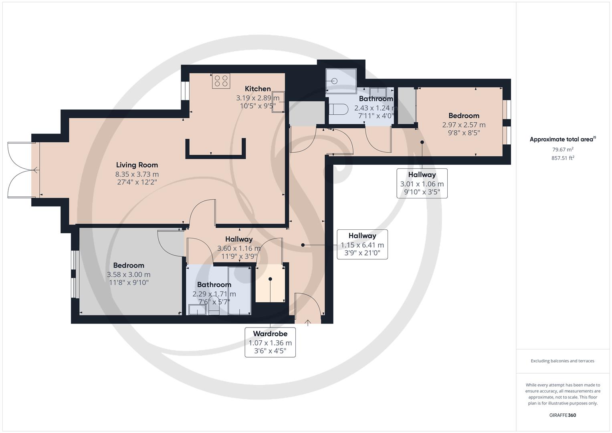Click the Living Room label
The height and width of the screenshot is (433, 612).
tap(137, 165)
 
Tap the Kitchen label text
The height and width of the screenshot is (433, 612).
tap(258, 89)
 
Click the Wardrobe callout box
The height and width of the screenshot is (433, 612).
tap(270, 342)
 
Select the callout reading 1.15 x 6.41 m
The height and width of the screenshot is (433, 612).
tap(362, 245)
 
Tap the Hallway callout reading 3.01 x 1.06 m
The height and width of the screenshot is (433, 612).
tap(422, 184)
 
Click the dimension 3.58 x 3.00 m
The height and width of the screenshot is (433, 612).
tap(128, 275)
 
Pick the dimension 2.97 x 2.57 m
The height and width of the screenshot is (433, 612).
tap(464, 125)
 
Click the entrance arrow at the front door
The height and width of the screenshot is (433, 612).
tap(308, 322)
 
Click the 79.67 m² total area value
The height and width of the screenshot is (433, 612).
tap(562, 150)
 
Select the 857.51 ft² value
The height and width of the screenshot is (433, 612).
tap(562, 158)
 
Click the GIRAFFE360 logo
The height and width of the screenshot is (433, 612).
tap(562, 415)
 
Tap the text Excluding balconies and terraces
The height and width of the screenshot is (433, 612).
tap(562, 361)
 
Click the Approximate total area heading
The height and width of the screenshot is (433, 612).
tap(562, 140)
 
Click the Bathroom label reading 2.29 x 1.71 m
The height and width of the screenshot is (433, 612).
tap(214, 293)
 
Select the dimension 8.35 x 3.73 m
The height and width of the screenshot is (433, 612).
tap(137, 174)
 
